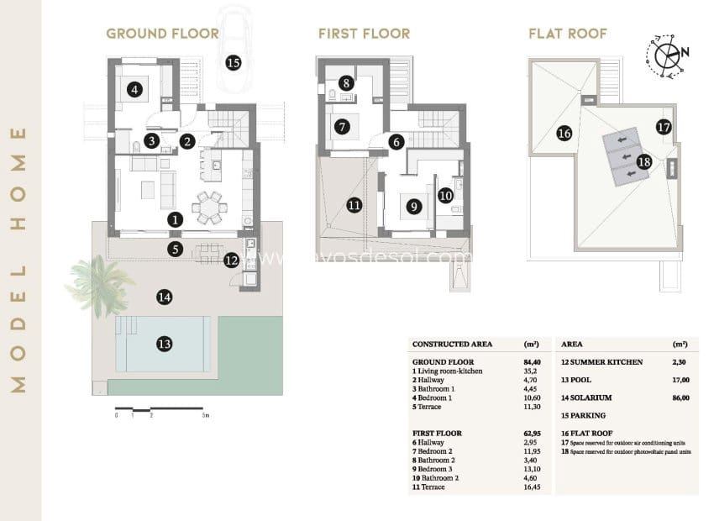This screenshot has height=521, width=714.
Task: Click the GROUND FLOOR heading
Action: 162,34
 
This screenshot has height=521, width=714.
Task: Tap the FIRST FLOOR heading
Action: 364,34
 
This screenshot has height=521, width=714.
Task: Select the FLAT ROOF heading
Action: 568,34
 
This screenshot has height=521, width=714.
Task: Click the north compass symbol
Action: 668,56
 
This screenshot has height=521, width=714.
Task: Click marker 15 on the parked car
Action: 233,62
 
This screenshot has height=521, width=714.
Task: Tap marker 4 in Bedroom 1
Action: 133,88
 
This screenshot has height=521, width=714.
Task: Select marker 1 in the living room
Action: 175,219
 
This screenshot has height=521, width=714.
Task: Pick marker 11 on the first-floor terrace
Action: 354,204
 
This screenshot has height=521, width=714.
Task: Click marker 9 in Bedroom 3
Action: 412,205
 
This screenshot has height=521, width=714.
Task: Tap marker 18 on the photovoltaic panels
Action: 644,161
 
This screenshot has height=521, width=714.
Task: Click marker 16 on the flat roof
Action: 564,133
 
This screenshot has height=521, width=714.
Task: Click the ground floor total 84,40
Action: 531,361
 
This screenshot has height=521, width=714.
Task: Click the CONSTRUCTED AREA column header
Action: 452,345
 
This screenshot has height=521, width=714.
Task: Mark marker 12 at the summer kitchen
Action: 232,260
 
